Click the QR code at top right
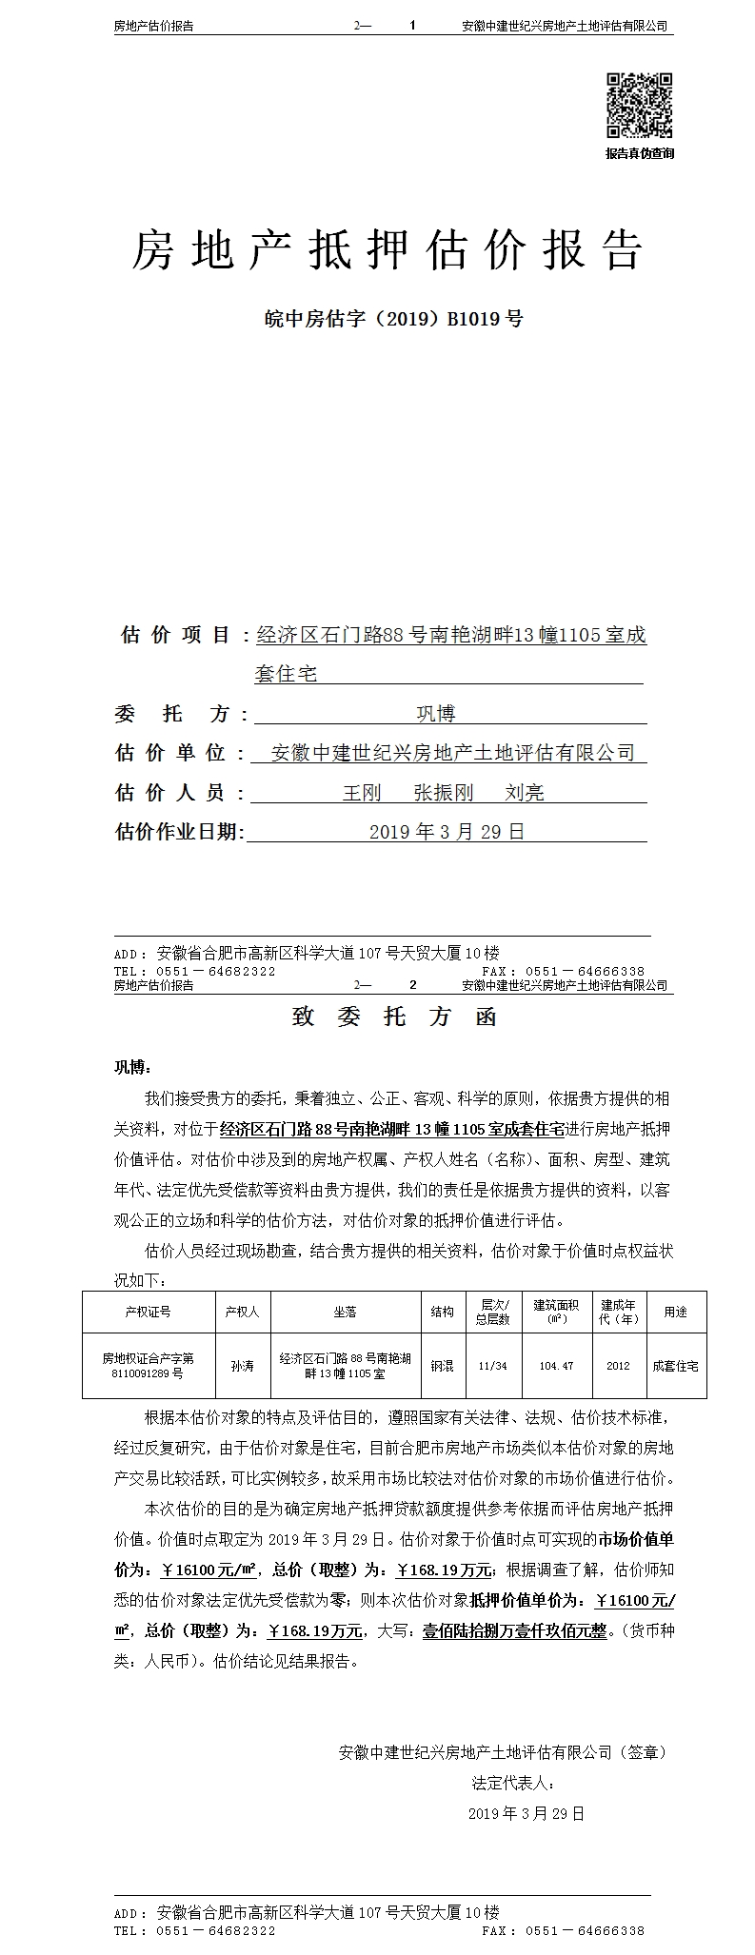coord(640,106)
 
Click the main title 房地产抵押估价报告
coord(387,249)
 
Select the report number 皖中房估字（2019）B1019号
coord(393,319)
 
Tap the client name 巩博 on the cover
coord(435,713)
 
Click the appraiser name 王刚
coord(361,792)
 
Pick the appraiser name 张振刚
coord(443,792)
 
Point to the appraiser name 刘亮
coord(525,792)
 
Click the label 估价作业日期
coord(179,832)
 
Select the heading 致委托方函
coord(394,1017)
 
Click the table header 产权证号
coord(148,1312)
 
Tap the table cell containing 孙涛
coord(242,1365)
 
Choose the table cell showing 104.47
coord(556,1365)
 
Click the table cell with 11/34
coord(493,1365)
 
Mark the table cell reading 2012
coord(618,1365)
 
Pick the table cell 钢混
coord(442,1365)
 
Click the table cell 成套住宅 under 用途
coord(675,1365)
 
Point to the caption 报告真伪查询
coord(640,153)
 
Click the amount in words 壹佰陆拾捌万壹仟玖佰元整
coord(514,1630)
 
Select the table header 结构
coord(442,1312)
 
